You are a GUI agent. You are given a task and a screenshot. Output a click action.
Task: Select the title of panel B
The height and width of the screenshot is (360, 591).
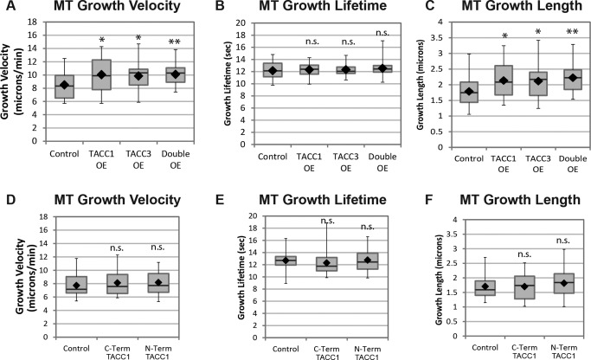click(x=297, y=9)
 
